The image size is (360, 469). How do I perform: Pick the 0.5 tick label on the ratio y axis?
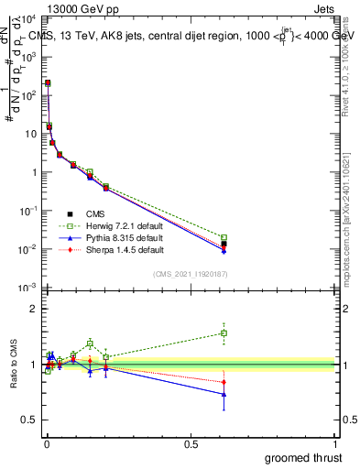click(30, 420)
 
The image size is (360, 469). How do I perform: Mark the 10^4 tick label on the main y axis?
click(28, 18)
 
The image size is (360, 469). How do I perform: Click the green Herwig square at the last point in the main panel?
click(327, 238)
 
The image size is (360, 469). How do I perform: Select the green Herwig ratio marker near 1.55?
click(327, 333)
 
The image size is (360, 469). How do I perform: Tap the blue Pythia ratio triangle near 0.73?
click(327, 395)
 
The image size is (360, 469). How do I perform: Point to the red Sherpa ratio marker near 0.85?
click(327, 382)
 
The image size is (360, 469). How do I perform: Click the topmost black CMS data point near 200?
click(48, 83)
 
